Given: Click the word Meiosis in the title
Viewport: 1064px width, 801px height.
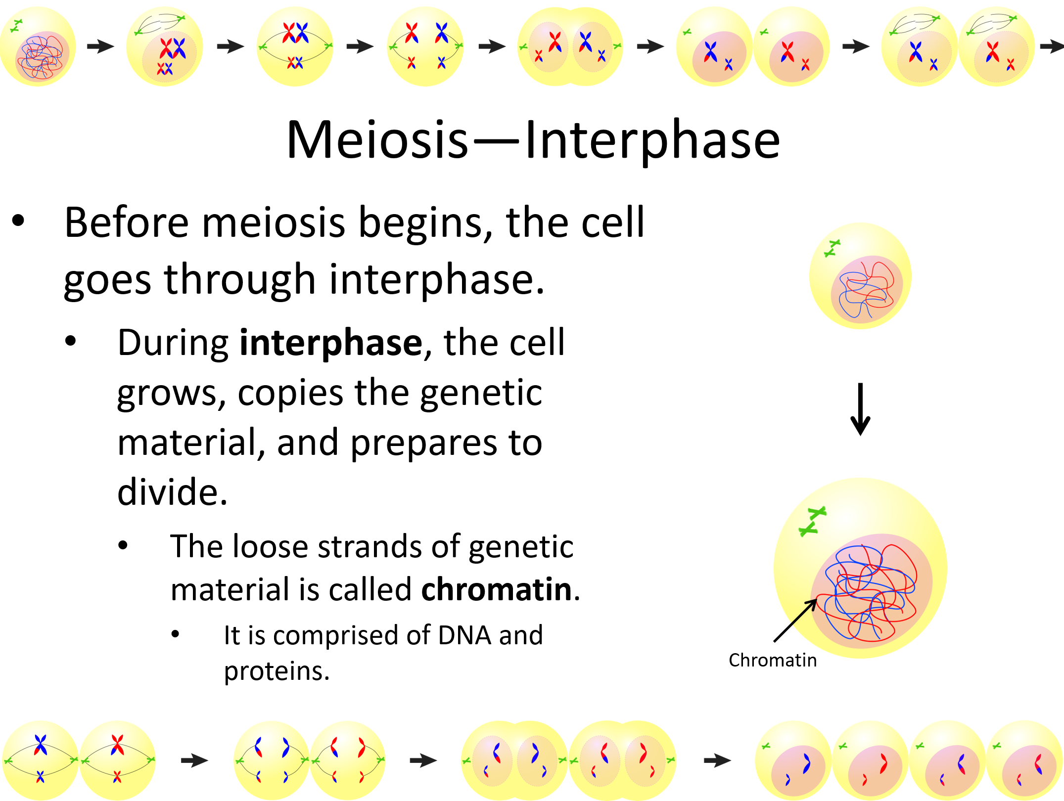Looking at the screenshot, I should [377, 141].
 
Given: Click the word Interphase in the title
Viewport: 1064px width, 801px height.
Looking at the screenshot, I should [652, 141].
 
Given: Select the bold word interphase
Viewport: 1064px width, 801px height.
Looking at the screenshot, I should [331, 343].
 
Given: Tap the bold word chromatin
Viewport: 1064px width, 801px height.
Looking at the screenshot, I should [496, 590].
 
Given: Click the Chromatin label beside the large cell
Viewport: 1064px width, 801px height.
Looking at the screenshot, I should [772, 661].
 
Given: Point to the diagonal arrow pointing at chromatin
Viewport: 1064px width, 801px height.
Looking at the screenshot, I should [794, 621].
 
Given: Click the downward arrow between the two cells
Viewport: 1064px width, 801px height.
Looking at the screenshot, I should [860, 409].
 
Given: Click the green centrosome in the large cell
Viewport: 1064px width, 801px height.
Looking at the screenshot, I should [812, 521].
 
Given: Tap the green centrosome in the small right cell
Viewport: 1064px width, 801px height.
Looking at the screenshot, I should [832, 248].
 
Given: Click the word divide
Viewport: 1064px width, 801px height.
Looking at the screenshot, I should [172, 493].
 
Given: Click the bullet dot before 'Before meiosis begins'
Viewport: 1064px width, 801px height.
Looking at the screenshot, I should [18, 221].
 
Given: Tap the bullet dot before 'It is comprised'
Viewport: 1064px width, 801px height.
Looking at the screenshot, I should [175, 634].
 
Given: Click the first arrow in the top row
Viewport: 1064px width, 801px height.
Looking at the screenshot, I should [100, 46].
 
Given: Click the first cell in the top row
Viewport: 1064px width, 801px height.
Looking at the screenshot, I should [38, 46].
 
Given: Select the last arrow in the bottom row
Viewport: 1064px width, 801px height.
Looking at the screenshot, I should [717, 760].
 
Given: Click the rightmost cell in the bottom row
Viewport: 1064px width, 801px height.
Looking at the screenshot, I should [1025, 760].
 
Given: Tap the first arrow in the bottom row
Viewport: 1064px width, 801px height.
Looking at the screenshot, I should [194, 760].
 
